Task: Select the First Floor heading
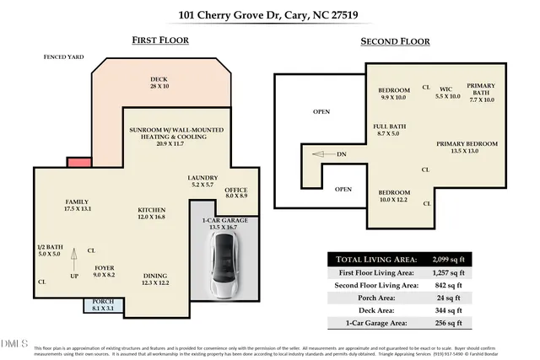point(160,40)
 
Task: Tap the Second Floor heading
point(395,40)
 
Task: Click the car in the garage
point(224,266)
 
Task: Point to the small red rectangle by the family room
point(78,162)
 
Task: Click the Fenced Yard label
point(65,57)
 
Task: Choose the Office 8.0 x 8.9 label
point(235,193)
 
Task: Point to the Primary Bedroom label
point(467,148)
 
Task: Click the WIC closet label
point(448,94)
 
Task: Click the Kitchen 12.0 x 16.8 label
point(152,213)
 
